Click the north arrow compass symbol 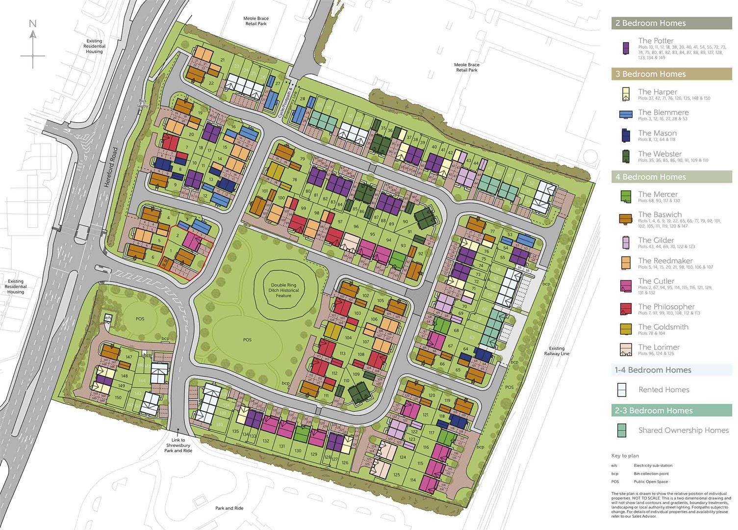pos(33,44)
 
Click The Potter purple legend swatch pos(626,48)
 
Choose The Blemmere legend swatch pos(626,114)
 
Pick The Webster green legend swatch pos(626,156)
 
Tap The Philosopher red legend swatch pos(626,309)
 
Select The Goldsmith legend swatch pos(626,329)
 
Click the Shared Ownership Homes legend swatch pos(622,430)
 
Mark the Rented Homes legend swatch pos(622,390)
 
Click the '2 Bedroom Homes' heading pos(650,23)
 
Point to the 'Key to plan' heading pos(625,456)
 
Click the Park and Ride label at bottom pos(229,508)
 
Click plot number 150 pos(118,397)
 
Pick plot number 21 pos(223,60)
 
